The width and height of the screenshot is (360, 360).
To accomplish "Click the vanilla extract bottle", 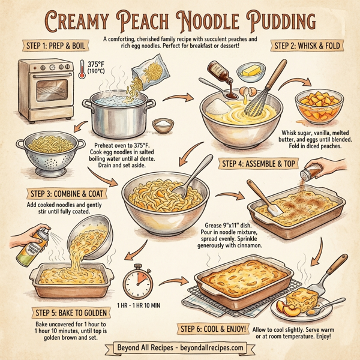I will point(219,79).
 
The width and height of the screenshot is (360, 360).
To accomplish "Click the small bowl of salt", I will point(162,125).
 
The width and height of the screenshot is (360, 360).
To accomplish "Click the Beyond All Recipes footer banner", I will point(179,348).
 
